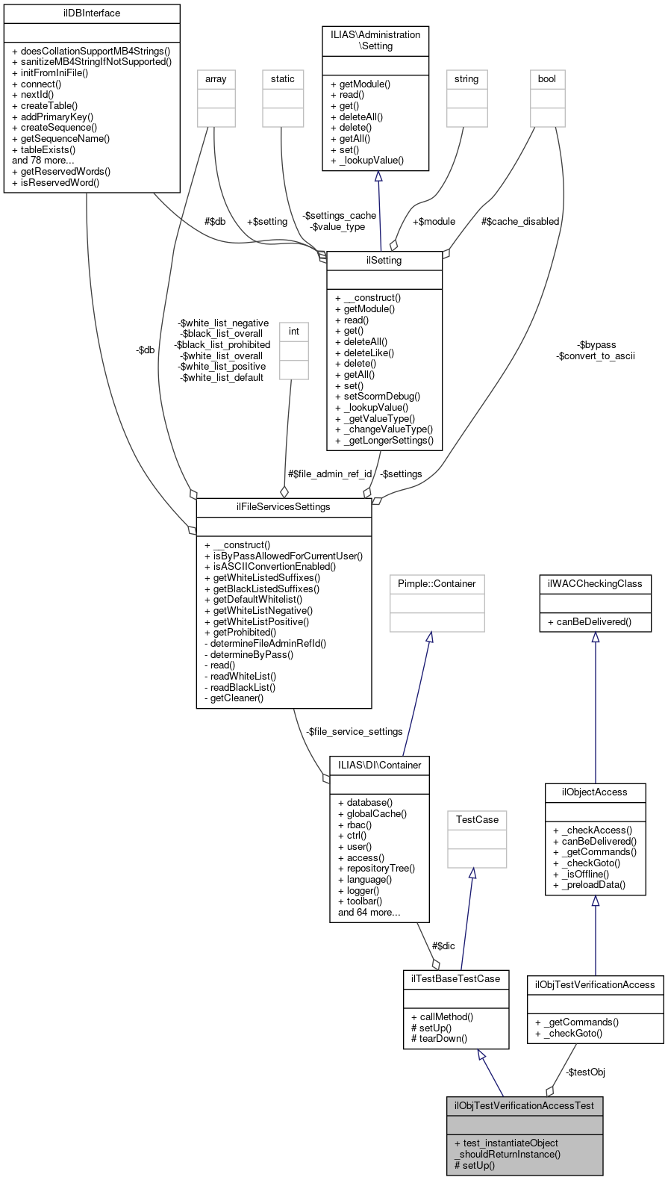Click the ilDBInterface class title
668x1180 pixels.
(92, 13)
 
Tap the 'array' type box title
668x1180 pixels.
(216, 79)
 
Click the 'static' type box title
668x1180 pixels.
(283, 79)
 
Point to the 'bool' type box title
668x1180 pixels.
(547, 79)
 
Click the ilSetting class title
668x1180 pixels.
(384, 261)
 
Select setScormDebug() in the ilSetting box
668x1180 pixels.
(378, 397)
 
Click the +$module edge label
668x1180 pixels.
(434, 222)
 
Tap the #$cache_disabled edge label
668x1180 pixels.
(519, 222)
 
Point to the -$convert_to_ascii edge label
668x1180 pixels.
(596, 356)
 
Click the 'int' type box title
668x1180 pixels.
(294, 332)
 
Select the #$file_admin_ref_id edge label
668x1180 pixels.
(329, 474)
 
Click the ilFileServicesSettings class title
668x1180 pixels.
(283, 507)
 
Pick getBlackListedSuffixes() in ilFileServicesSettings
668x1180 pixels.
(261, 589)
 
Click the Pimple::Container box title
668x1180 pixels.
(437, 584)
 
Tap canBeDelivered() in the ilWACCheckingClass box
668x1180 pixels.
(590, 622)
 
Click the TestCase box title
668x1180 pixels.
(477, 820)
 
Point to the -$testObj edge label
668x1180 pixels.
(585, 1072)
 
